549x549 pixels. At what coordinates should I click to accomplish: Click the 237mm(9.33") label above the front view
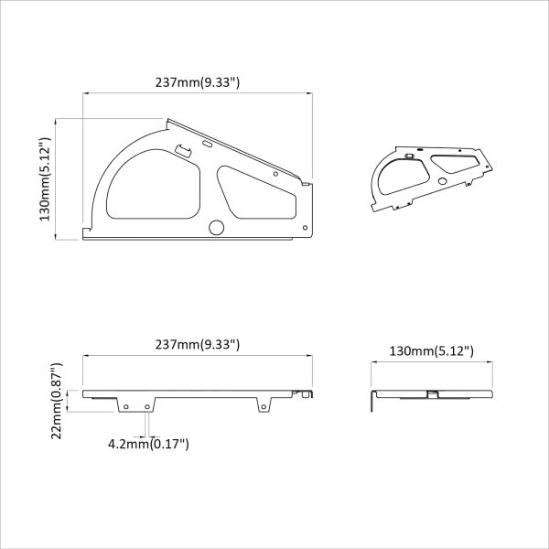tap(198, 82)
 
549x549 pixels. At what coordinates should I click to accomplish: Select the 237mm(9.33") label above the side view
tap(198, 344)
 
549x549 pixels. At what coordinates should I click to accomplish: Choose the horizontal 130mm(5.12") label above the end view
tap(431, 350)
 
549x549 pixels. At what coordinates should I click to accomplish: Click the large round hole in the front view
tap(217, 227)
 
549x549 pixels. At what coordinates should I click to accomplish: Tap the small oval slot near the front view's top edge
tap(207, 143)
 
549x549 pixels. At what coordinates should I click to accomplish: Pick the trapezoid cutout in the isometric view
tap(453, 164)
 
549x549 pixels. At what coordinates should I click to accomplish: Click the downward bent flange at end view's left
tap(371, 402)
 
